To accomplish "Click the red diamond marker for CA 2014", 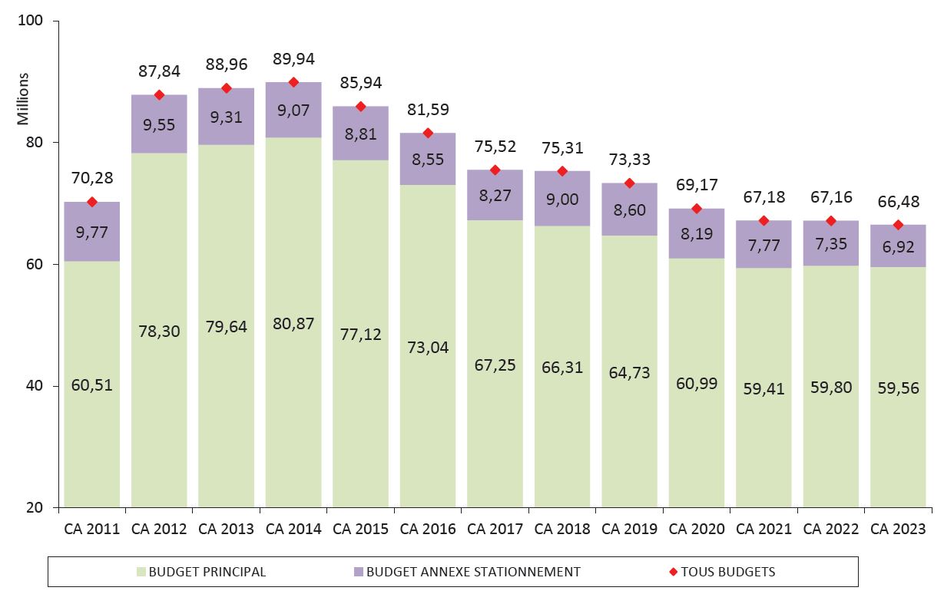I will point(293,82).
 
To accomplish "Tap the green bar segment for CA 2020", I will point(697,430).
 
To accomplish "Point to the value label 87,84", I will point(159,71).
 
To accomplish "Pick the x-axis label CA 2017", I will point(495,529).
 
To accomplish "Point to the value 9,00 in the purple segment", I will point(562,199).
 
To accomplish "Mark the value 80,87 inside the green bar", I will point(293,322).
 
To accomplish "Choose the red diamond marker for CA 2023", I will point(898,225).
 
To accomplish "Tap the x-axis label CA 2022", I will point(830,529).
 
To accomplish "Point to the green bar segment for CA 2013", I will point(226,399).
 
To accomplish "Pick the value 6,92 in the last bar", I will point(898,246).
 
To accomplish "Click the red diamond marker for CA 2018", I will point(562,171).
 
